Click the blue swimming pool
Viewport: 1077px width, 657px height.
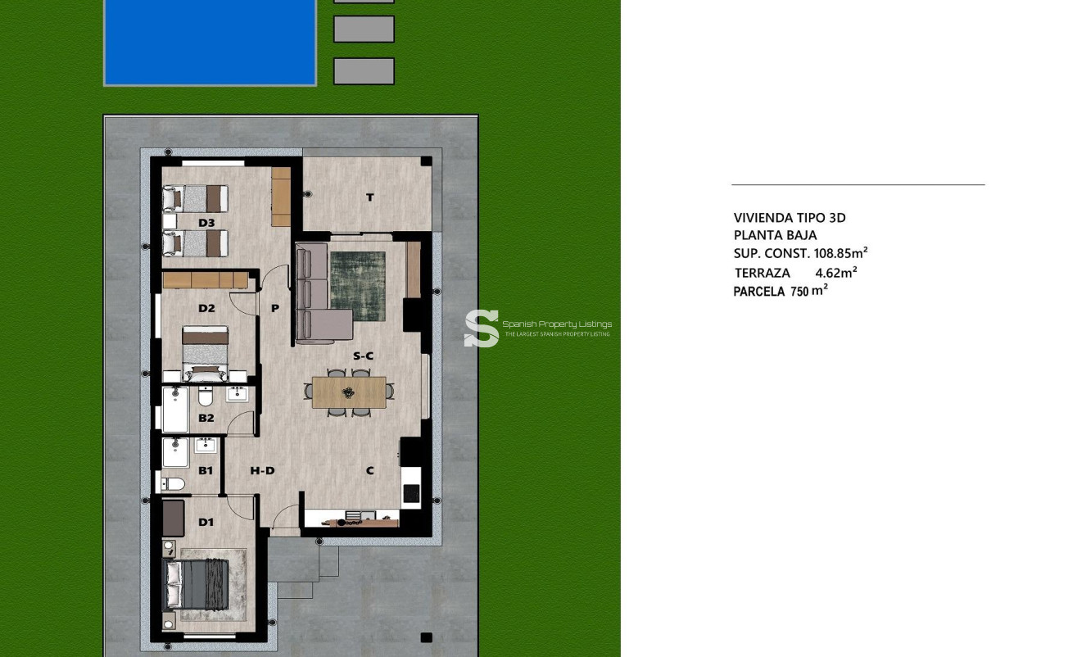click(x=210, y=41)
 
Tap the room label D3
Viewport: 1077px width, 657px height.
click(x=206, y=223)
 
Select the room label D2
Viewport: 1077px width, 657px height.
click(x=206, y=309)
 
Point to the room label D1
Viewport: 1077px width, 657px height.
click(x=206, y=522)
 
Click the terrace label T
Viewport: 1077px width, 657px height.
click(x=370, y=197)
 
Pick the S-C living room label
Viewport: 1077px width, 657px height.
click(x=363, y=356)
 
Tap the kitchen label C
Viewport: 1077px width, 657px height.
click(x=370, y=470)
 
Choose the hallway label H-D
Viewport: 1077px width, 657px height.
click(x=262, y=470)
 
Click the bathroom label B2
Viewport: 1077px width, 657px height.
click(x=206, y=418)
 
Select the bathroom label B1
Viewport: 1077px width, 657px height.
click(x=206, y=470)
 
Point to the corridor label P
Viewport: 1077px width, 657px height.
click(x=275, y=309)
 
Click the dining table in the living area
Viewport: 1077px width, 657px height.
click(x=349, y=392)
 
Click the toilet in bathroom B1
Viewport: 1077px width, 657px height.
click(x=173, y=484)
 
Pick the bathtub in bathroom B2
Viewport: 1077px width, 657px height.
click(x=175, y=410)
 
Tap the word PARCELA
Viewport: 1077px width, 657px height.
click(x=758, y=292)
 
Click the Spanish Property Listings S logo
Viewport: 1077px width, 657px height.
click(x=482, y=328)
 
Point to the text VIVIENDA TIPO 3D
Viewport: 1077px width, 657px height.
click(x=790, y=218)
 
